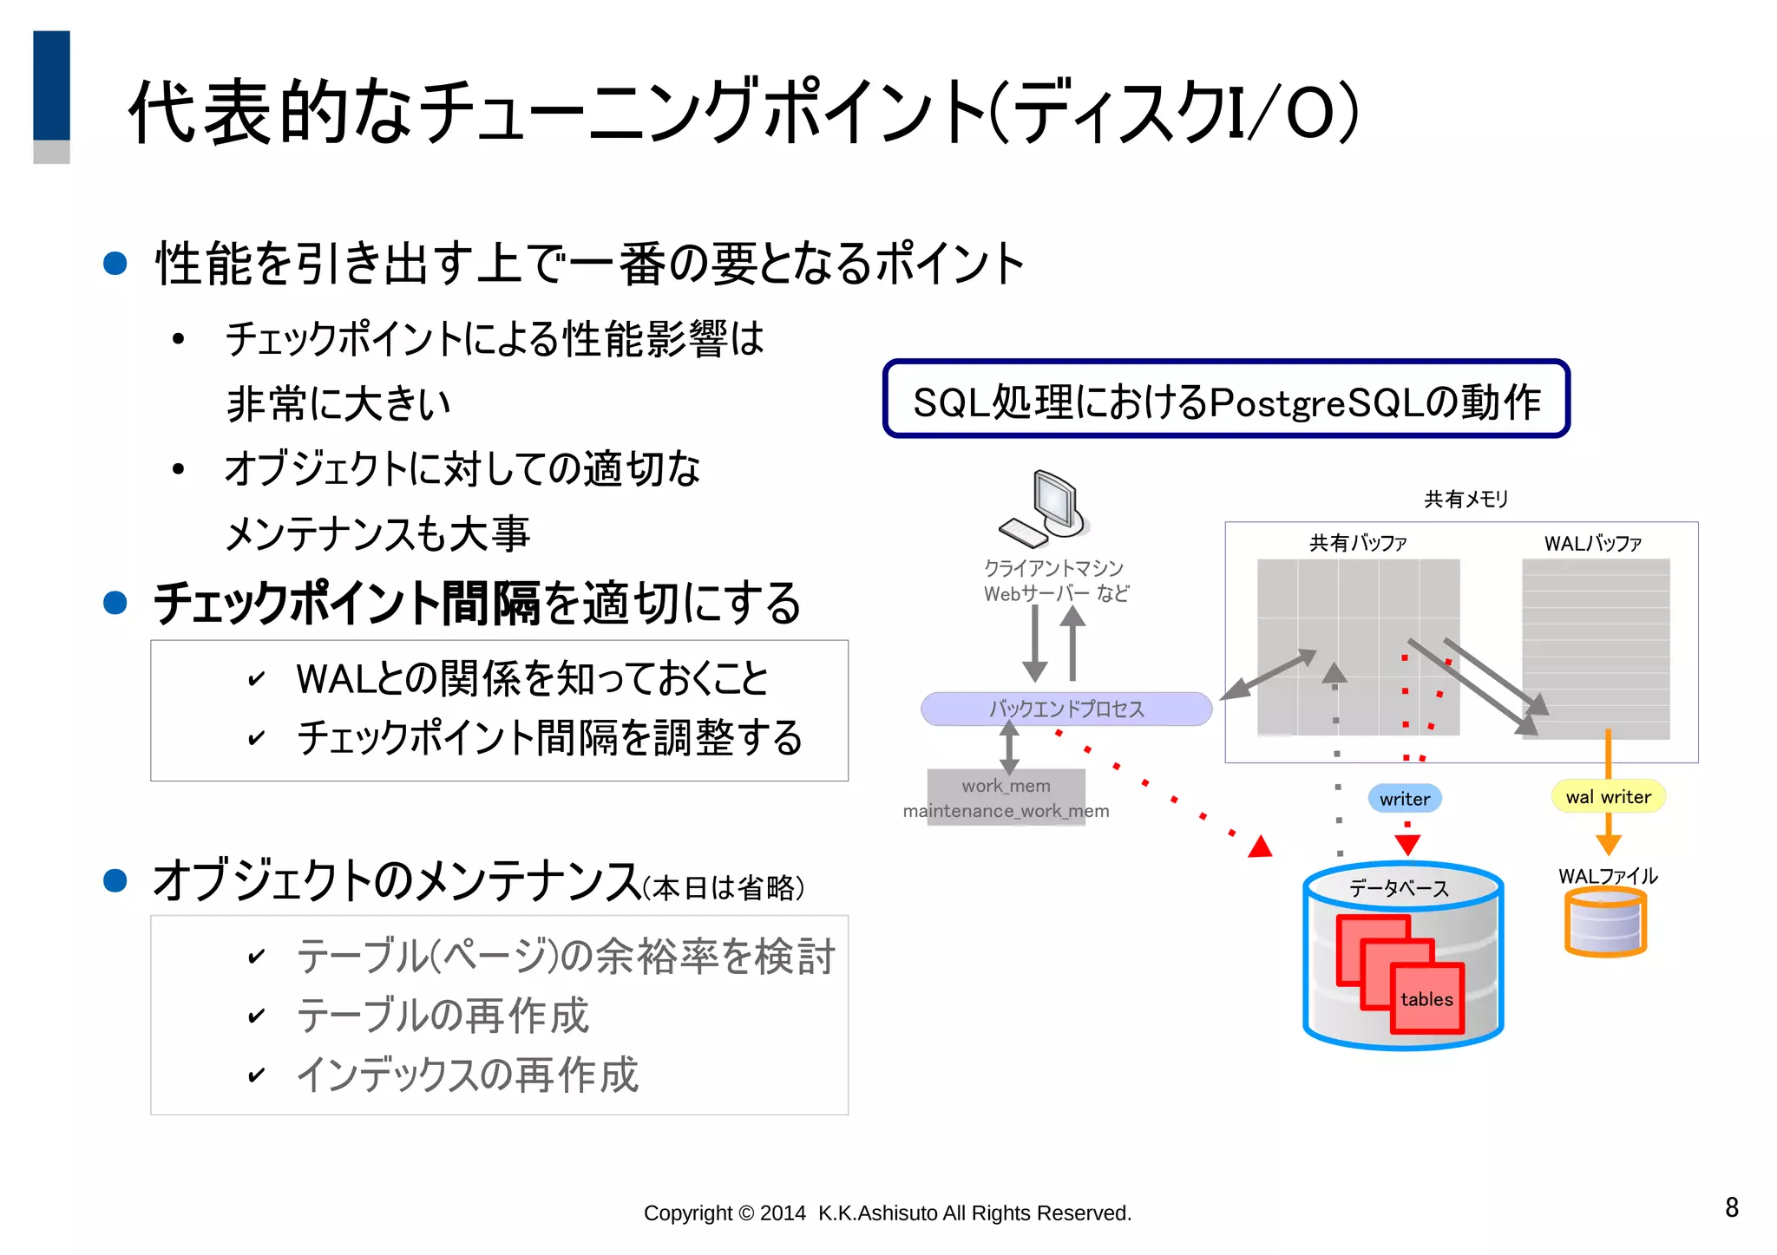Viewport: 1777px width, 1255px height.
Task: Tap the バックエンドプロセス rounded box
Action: [1066, 709]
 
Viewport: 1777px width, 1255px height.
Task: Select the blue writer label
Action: [1405, 799]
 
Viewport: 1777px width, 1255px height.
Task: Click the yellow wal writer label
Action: [1608, 797]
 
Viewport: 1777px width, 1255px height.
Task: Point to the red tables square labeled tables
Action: [1427, 999]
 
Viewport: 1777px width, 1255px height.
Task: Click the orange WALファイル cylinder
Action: [1605, 923]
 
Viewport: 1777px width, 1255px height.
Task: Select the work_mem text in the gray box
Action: [1006, 786]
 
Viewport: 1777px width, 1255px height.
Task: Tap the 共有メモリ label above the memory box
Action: [1466, 499]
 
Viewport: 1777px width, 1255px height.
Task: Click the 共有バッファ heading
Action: [1358, 543]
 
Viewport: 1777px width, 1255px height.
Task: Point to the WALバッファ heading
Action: [1592, 544]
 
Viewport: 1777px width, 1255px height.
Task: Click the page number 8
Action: [1731, 1207]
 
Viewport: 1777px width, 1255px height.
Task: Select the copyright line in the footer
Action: [887, 1213]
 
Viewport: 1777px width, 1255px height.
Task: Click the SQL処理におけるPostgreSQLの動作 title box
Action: [1226, 400]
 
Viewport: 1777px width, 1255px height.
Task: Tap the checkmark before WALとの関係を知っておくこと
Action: [256, 679]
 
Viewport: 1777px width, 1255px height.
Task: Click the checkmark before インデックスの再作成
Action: [256, 1075]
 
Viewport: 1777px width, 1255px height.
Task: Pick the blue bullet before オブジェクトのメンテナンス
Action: [115, 881]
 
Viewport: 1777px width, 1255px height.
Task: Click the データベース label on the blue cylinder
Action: [1399, 888]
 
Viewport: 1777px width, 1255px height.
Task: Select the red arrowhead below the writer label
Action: [1407, 844]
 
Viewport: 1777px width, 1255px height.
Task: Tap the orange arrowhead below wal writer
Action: [1608, 846]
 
